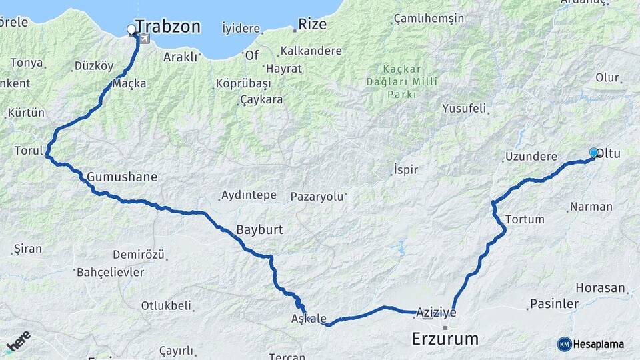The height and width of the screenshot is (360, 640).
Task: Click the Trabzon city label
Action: click(x=167, y=27)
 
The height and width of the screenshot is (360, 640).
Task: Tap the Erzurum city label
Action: click(x=445, y=339)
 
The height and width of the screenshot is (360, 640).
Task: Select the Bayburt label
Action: click(x=259, y=230)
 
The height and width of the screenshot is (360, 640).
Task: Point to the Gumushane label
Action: click(x=122, y=177)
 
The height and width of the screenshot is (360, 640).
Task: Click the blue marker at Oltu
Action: click(x=593, y=153)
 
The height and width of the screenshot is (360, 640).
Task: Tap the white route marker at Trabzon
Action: click(x=131, y=29)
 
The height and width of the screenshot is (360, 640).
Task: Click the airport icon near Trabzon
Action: click(x=144, y=38)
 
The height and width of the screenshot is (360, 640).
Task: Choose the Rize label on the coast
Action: click(x=312, y=25)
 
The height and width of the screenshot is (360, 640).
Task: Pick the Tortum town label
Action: click(x=525, y=219)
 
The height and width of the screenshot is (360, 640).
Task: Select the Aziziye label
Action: click(x=435, y=312)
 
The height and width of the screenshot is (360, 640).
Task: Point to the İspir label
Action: click(x=405, y=169)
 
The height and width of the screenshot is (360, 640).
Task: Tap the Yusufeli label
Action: click(x=464, y=109)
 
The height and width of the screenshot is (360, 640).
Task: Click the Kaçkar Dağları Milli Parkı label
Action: click(x=401, y=81)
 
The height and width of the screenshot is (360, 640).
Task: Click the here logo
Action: click(x=17, y=342)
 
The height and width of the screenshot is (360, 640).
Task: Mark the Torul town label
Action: click(x=28, y=151)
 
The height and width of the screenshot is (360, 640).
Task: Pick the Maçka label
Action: click(x=129, y=84)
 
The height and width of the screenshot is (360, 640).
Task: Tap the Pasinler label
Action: click(x=553, y=304)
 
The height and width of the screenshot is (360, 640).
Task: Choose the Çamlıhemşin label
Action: click(x=429, y=19)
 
